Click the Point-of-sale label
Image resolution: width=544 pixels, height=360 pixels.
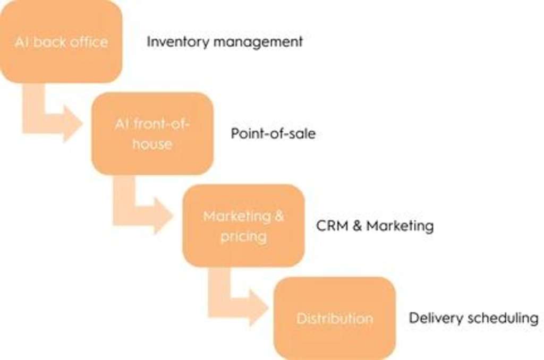click(x=273, y=134)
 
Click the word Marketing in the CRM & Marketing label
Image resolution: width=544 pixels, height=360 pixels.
click(x=399, y=226)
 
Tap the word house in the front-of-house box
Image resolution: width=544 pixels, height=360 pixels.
click(x=152, y=144)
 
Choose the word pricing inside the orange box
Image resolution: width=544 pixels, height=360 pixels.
click(x=243, y=236)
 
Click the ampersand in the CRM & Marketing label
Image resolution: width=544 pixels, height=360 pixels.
click(x=357, y=226)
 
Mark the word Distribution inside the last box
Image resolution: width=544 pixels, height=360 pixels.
click(x=335, y=319)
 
